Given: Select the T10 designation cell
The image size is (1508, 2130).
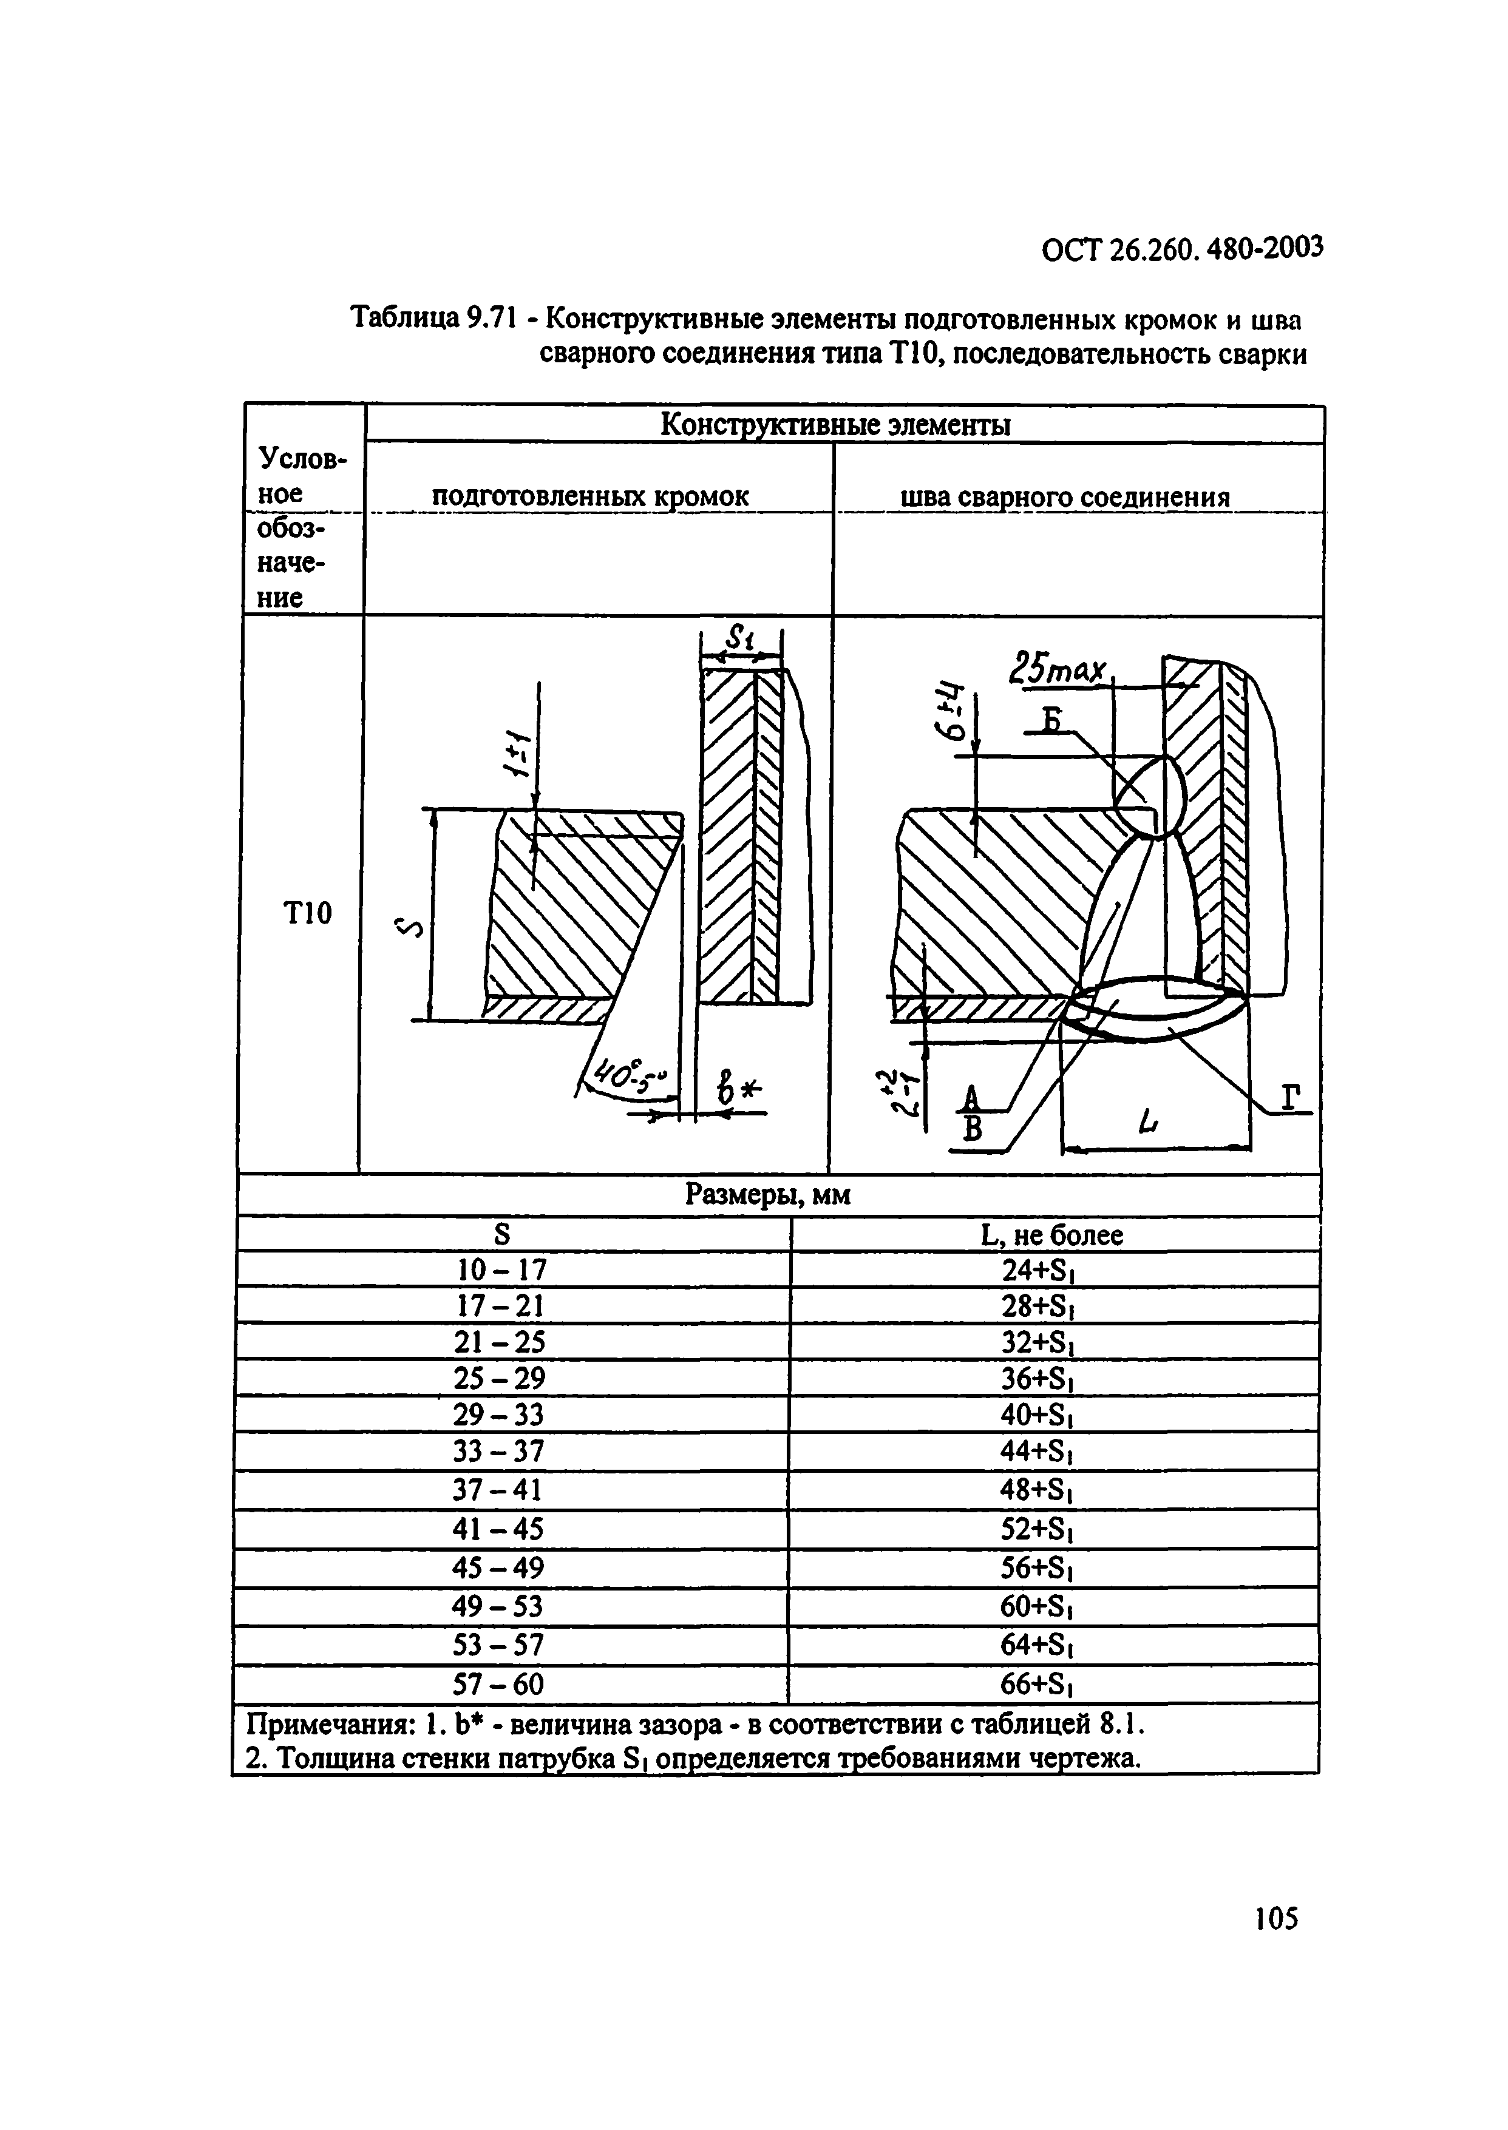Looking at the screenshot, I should tap(307, 914).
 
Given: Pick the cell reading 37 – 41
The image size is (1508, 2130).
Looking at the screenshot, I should tap(498, 1490).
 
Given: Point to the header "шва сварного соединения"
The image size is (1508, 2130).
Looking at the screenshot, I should tap(1065, 498).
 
